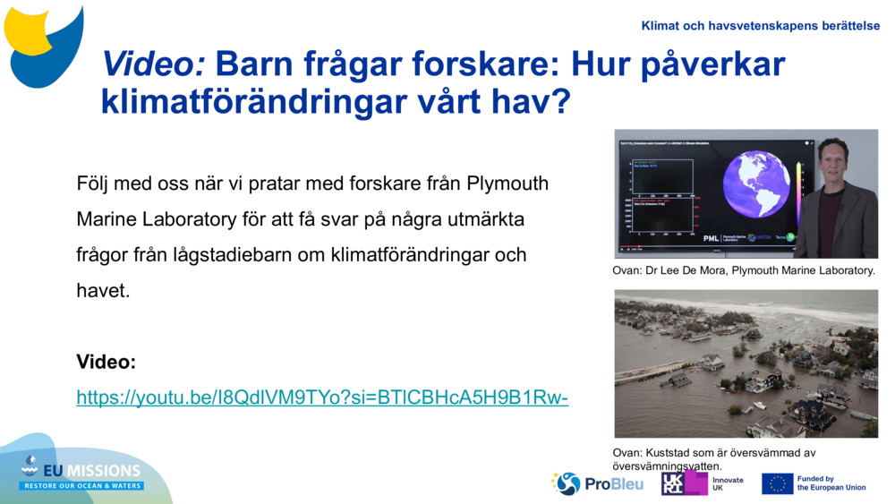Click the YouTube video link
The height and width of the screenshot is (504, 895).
(x=322, y=397)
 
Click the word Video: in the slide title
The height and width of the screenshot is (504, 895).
(x=154, y=64)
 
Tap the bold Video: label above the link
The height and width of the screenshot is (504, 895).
(x=106, y=362)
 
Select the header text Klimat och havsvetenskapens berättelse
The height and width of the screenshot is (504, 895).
(x=760, y=26)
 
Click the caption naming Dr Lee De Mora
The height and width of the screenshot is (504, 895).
(x=744, y=270)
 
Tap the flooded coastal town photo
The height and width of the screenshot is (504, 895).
(x=746, y=363)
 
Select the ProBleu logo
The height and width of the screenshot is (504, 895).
(x=597, y=483)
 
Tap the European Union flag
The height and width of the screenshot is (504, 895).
(x=777, y=483)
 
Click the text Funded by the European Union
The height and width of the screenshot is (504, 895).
(x=831, y=483)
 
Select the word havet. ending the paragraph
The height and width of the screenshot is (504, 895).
(x=103, y=291)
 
